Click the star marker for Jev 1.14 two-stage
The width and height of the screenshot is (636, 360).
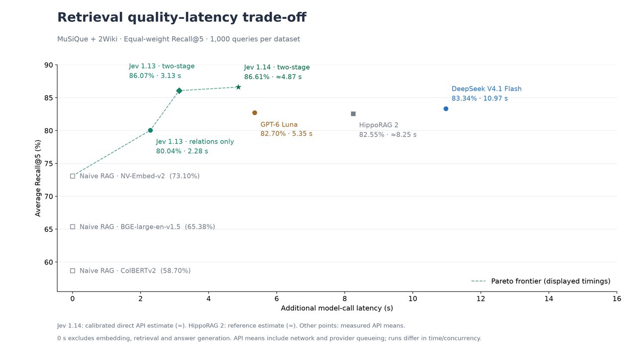pos(238,87)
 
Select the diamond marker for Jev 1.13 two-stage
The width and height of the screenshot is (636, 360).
pos(179,91)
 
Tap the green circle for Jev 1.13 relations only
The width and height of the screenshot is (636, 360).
pos(151,131)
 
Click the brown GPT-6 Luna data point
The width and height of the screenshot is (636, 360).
pos(255,113)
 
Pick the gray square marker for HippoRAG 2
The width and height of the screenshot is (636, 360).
pos(353,114)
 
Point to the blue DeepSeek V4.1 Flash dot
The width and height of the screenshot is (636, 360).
pos(446,109)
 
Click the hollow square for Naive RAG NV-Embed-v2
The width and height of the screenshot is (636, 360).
pos(73,176)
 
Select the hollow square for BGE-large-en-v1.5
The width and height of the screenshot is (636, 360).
pos(73,226)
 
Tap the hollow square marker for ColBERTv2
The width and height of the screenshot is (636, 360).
pos(73,271)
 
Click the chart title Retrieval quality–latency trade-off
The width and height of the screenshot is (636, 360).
pos(182,17)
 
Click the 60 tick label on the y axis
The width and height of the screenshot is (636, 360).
pos(49,262)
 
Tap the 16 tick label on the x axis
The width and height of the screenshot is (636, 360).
pos(617,299)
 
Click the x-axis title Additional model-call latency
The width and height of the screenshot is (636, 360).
pos(337,308)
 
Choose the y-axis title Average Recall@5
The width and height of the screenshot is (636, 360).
pos(38,178)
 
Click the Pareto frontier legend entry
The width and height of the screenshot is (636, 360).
pos(541,281)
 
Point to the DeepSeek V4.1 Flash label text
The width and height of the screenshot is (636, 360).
pos(486,89)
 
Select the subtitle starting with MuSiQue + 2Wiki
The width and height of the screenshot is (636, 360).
pos(178,39)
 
